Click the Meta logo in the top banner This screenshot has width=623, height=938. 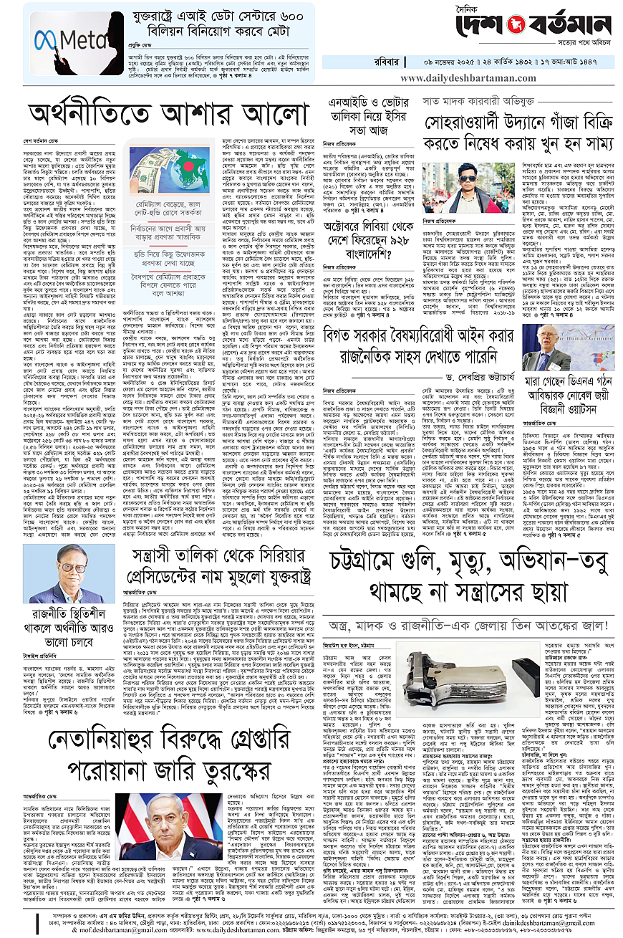pyautogui.click(x=67, y=37)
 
